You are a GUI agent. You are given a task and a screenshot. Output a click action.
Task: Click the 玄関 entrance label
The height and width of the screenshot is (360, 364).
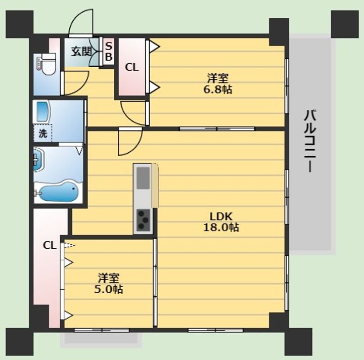pyautogui.click(x=81, y=52)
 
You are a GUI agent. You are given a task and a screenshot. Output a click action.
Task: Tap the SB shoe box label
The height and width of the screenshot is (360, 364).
pyautogui.click(x=109, y=51)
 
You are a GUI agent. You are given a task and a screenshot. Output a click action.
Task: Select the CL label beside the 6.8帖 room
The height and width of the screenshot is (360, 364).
pyautogui.click(x=131, y=67)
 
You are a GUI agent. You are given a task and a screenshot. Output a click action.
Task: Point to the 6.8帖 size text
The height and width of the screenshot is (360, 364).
pyautogui.click(x=218, y=89)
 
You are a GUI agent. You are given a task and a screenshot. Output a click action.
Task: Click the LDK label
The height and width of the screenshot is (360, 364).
pyautogui.click(x=221, y=216)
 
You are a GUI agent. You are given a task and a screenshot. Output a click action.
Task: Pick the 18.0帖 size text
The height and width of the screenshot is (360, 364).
pyautogui.click(x=221, y=227)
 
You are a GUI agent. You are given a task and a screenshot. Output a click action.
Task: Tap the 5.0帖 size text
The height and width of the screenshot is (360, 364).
pyautogui.click(x=109, y=289)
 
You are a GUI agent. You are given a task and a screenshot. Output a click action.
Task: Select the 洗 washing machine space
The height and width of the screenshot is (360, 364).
pyautogui.click(x=42, y=133)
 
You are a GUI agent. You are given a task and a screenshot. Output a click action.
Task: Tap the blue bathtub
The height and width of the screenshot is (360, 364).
pyautogui.click(x=59, y=192)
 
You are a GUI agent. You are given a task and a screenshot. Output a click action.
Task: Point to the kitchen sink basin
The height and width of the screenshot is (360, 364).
pyautogui.click(x=143, y=178)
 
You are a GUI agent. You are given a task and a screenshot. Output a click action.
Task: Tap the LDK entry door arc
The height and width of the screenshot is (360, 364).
pyautogui.click(x=134, y=148)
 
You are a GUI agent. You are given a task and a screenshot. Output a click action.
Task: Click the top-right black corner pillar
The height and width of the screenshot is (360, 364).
pyautogui.click(x=344, y=24)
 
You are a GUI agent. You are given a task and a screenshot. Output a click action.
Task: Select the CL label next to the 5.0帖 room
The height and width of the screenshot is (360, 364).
pyautogui.click(x=50, y=245)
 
